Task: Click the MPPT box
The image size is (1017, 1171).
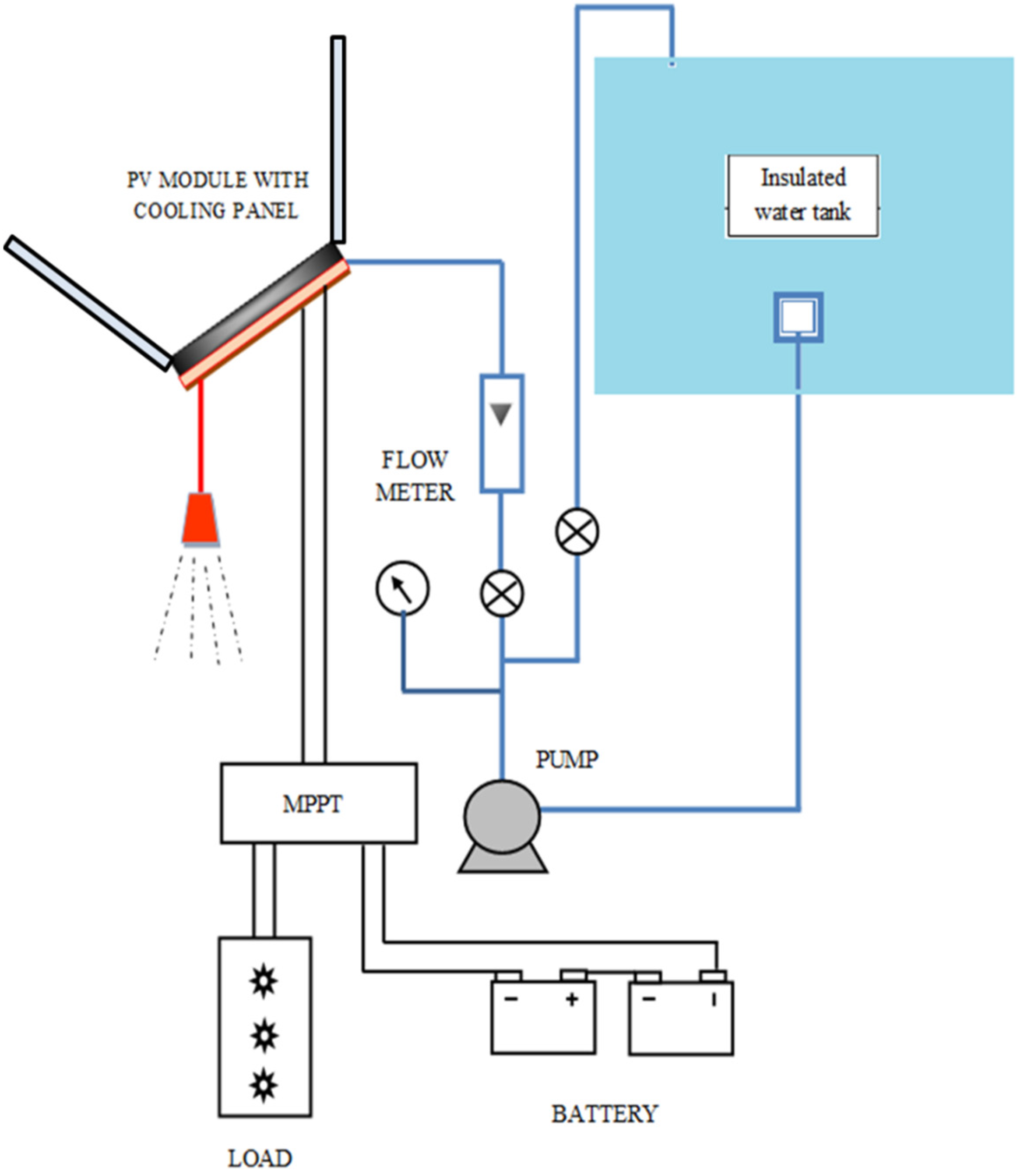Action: (319, 803)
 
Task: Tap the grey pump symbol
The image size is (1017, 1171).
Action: (502, 826)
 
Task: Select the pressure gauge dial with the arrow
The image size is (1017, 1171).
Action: (402, 588)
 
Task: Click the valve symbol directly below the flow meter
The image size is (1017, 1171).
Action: (502, 594)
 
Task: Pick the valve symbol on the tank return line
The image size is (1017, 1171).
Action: (577, 531)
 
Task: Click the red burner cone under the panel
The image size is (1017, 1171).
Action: (201, 519)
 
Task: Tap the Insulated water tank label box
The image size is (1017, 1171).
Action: (803, 195)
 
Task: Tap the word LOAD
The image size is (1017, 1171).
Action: (260, 1158)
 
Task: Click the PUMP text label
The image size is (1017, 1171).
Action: (567, 759)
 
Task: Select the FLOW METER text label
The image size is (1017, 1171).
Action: (415, 476)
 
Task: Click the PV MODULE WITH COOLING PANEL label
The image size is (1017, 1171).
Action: (217, 195)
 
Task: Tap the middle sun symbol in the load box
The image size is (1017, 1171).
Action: (264, 1035)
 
